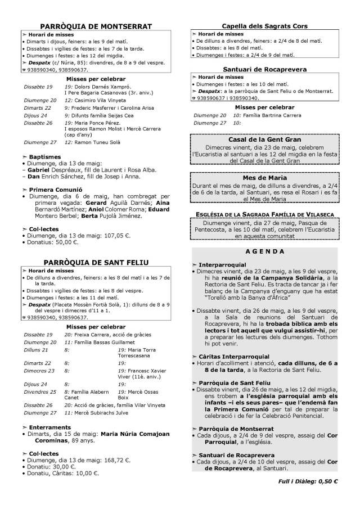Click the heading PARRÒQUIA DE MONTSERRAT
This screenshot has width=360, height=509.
pos(96,26)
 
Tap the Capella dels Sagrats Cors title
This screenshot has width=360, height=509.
pos(264,26)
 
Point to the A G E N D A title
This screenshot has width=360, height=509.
pos(264,251)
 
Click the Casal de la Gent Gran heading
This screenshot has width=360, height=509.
pos(264,139)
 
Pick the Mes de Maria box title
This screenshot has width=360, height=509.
pos(264,178)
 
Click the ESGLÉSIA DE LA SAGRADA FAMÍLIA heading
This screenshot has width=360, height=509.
pos(264,214)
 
